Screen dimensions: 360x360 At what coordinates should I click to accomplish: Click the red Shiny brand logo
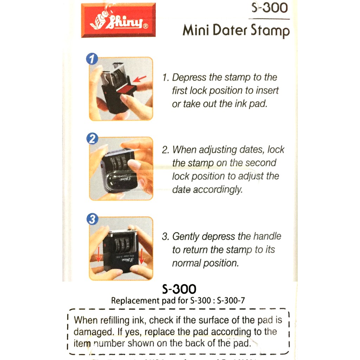click(118, 20)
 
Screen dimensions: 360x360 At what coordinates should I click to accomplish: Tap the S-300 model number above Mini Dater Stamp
click(270, 8)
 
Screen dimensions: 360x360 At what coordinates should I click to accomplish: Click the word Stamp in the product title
click(270, 31)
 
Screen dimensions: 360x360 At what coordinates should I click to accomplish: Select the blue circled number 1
click(92, 59)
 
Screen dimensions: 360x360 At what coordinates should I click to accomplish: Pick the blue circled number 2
click(92, 139)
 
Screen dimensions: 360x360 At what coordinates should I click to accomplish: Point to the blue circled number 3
click(92, 219)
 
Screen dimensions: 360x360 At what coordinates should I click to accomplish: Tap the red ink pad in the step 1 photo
click(126, 88)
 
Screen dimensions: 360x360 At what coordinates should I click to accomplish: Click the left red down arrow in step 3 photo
click(99, 256)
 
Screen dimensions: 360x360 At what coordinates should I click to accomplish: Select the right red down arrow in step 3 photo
click(142, 256)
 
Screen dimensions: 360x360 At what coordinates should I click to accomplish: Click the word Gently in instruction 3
click(186, 237)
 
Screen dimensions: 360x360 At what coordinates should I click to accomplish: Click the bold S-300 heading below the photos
click(179, 289)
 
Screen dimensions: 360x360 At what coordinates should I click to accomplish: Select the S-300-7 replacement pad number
click(231, 300)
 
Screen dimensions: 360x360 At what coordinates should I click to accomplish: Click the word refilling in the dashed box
click(115, 320)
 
